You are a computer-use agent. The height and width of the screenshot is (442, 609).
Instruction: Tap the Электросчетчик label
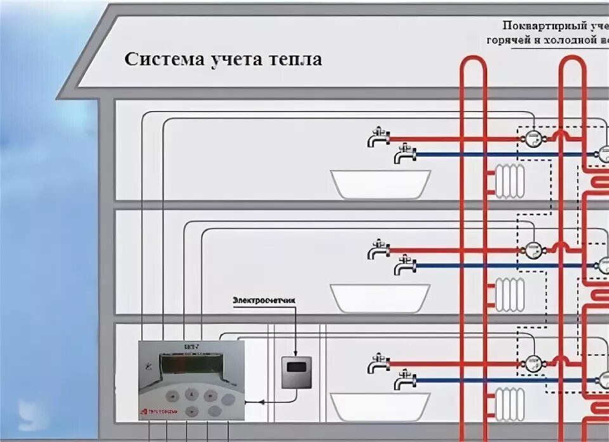[265, 300]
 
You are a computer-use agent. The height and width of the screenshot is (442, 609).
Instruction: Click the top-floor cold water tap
[404, 154]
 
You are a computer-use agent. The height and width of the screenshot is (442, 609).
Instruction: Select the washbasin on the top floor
[381, 184]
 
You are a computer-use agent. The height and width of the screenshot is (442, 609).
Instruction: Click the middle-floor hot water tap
[379, 250]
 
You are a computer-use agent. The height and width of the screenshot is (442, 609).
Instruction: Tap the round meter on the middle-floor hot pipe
[532, 250]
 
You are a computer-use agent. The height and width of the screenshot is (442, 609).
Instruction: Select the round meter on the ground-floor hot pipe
[532, 364]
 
